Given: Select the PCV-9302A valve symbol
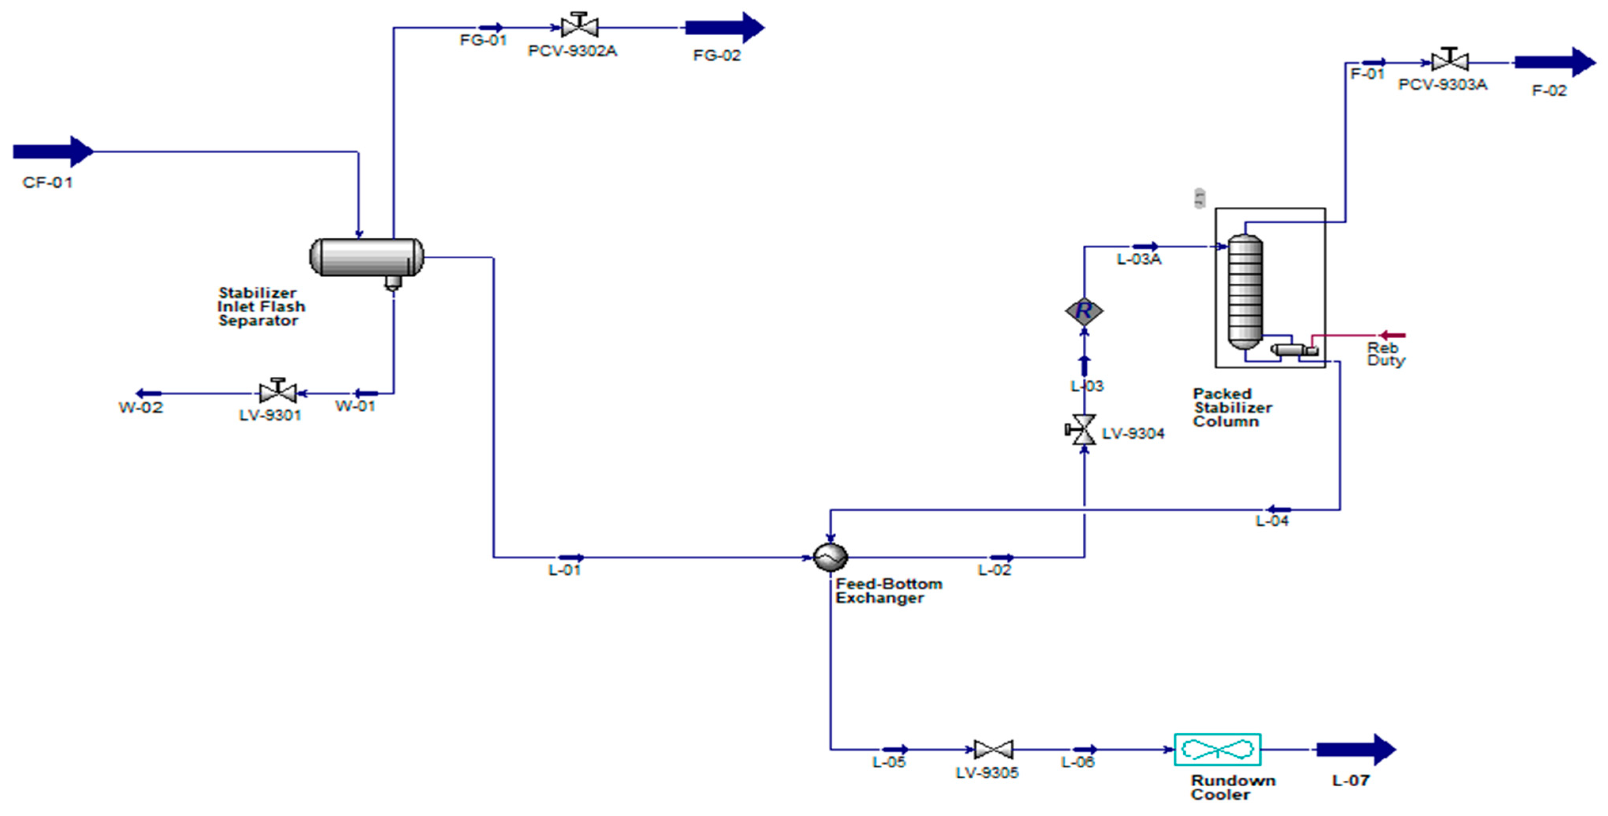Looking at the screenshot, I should (579, 27).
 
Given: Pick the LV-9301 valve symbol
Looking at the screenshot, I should (278, 393).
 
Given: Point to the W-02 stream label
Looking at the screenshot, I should (141, 408).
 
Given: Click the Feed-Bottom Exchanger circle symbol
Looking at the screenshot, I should (830, 557).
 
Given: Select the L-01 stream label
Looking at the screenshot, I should (564, 570).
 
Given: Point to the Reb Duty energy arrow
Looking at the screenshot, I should (1392, 336).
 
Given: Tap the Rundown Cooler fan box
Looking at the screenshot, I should (1217, 749).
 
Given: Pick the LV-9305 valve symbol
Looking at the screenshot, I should (993, 749).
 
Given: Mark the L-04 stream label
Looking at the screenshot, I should (1272, 520).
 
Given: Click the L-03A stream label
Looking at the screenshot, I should (1139, 259).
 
